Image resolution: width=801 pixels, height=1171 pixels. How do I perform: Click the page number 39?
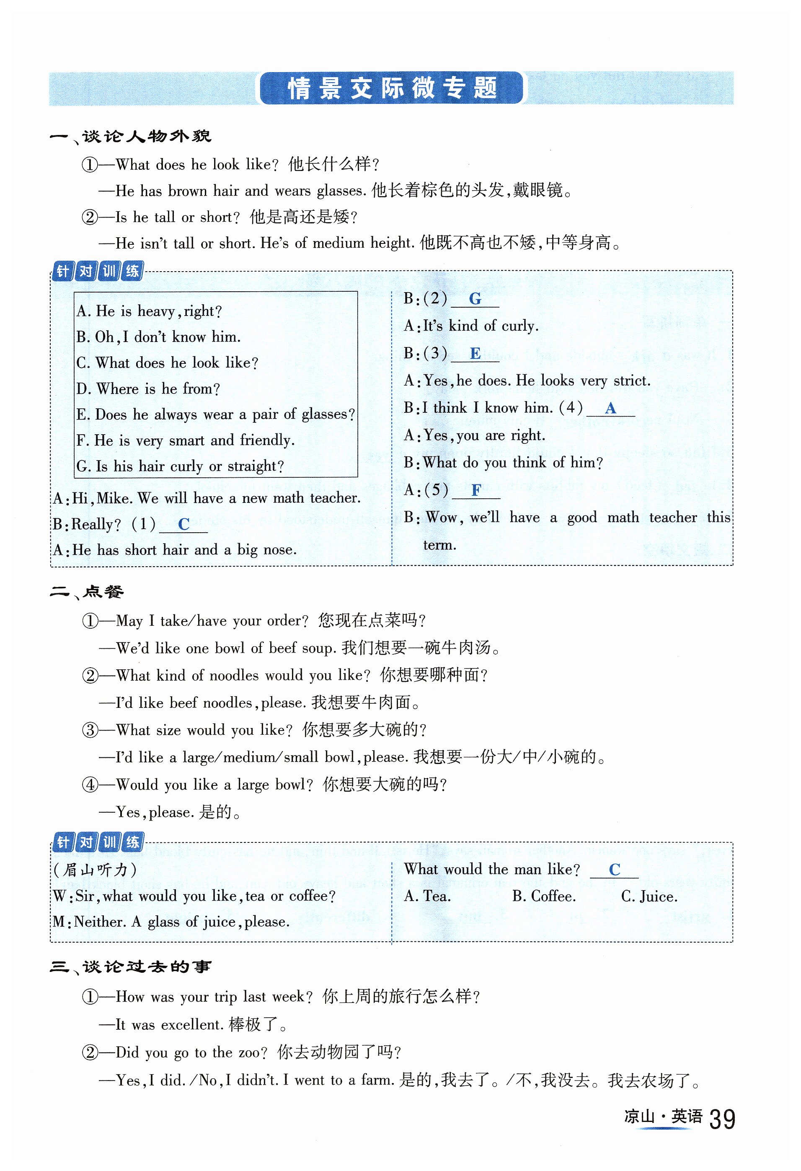pyautogui.click(x=722, y=1119)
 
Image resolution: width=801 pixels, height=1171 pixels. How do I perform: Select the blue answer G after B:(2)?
pyautogui.click(x=475, y=299)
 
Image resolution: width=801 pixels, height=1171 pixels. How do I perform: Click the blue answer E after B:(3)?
pyautogui.click(x=475, y=354)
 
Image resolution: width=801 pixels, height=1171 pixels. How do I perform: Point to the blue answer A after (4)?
pyautogui.click(x=610, y=408)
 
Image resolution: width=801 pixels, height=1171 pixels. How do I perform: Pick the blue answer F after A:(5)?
pyautogui.click(x=475, y=490)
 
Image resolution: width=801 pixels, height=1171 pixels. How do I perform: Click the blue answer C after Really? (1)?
pyautogui.click(x=183, y=525)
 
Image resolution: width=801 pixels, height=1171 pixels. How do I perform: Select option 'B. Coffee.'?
pyautogui.click(x=544, y=896)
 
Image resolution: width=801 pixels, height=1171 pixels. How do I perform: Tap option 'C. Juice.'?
pyautogui.click(x=649, y=896)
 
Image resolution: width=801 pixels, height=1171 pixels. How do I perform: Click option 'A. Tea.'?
pyautogui.click(x=427, y=896)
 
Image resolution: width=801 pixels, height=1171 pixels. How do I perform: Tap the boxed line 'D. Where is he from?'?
pyautogui.click(x=148, y=389)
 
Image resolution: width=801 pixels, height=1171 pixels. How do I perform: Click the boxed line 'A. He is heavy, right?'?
pyautogui.click(x=149, y=311)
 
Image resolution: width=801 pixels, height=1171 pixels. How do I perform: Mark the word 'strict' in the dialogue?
pyautogui.click(x=631, y=381)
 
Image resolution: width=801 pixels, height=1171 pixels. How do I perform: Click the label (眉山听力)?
pyautogui.click(x=95, y=870)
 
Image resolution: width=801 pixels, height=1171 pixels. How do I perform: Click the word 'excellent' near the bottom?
pyautogui.click(x=191, y=1024)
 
